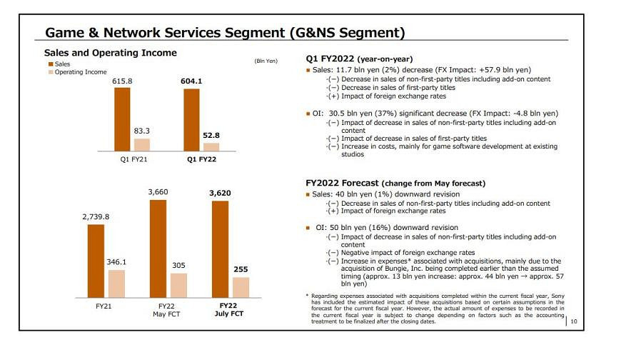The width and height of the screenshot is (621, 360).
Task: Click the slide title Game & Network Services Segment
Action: [x=225, y=32]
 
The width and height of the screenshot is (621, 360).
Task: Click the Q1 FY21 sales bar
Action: [x=122, y=119]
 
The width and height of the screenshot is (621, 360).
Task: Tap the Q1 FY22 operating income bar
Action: [x=211, y=146]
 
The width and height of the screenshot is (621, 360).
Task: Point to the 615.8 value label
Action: [x=122, y=81]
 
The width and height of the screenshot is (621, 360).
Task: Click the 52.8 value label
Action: [x=211, y=136]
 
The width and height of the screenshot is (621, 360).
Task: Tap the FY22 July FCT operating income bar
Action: [x=241, y=286]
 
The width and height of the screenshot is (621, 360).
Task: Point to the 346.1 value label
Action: [x=116, y=262]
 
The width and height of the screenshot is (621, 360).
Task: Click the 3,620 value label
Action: [x=220, y=193]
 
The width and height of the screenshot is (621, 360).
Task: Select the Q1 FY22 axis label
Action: [x=201, y=159]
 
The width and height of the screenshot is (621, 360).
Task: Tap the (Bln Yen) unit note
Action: [x=266, y=61]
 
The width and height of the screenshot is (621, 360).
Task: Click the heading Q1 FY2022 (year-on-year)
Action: [x=359, y=59]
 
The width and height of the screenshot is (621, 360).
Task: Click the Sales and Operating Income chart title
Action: [x=110, y=53]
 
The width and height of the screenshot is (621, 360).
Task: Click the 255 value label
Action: [x=241, y=269]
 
